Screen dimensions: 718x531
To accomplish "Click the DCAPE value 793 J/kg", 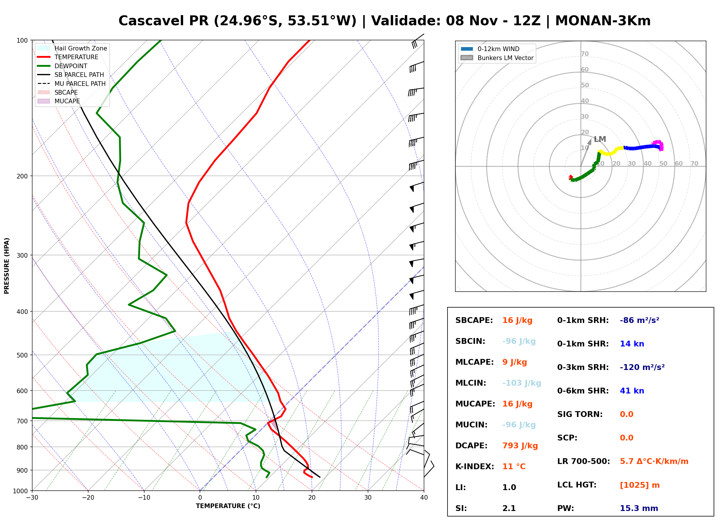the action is (x=520, y=446).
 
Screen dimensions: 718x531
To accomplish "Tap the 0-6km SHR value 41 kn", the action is (x=632, y=391).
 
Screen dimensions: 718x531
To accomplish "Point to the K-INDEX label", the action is (x=475, y=467).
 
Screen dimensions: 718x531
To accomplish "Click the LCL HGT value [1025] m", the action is (x=640, y=485).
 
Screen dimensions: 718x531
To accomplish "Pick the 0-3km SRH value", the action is (x=642, y=367).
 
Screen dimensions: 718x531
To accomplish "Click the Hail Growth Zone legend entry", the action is (x=72, y=48).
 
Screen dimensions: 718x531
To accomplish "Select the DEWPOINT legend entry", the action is (x=62, y=66).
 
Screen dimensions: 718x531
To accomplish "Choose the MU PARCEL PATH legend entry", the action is (x=71, y=84).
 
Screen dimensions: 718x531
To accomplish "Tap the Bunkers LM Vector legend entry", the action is (x=497, y=58).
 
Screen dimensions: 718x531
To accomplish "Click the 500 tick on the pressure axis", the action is (x=22, y=355).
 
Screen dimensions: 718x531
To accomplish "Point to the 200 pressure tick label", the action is (x=22, y=176).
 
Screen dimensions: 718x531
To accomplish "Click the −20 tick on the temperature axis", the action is (x=88, y=498).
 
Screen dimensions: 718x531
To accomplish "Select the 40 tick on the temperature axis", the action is (x=424, y=498).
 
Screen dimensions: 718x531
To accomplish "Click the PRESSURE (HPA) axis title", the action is (x=7, y=266).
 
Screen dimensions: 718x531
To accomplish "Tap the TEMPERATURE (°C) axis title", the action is (x=228, y=506).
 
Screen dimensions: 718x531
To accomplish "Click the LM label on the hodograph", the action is (x=600, y=139).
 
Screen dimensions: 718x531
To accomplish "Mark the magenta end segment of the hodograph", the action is (x=659, y=145).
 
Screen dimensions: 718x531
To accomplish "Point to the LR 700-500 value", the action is (x=654, y=461).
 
